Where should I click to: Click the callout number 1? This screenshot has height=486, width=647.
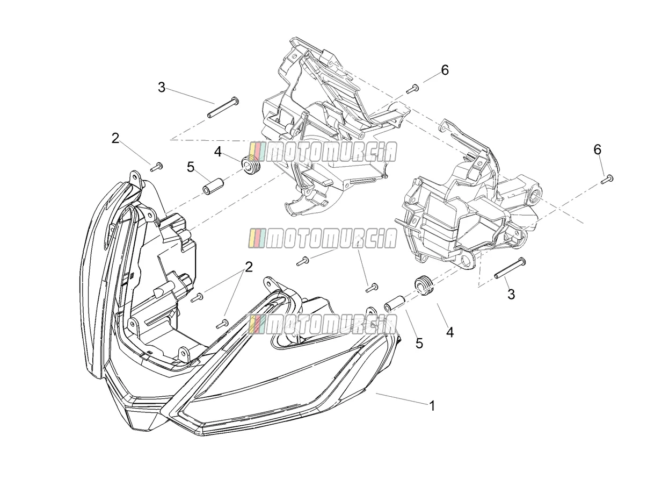point(432,406)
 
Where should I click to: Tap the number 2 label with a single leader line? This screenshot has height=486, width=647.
point(115,138)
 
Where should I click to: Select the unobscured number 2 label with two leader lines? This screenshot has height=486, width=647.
point(249,267)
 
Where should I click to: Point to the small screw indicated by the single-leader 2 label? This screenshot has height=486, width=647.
point(156,167)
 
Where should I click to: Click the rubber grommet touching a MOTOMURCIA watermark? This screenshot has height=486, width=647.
point(251,165)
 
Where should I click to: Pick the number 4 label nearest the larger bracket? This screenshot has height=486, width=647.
point(218,152)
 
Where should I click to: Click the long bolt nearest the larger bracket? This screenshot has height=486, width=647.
point(223,107)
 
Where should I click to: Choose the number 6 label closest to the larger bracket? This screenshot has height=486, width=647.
point(445,70)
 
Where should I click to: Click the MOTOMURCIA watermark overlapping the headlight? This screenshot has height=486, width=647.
point(323,324)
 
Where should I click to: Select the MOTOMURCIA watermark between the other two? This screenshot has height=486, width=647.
point(323,238)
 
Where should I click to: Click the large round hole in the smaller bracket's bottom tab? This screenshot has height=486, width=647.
point(467,261)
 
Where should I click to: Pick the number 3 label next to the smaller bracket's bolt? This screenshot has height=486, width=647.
point(511,294)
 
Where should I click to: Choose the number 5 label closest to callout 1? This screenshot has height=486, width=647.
point(419,343)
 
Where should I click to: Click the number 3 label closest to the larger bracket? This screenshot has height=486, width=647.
point(162,87)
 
